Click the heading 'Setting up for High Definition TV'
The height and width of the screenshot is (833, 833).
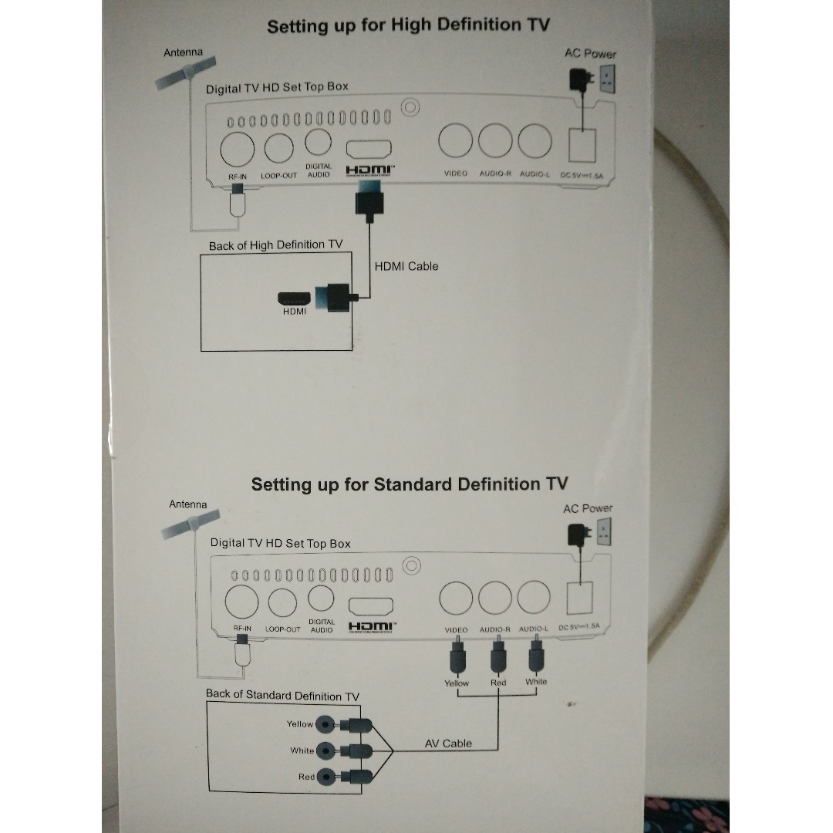point(408,25)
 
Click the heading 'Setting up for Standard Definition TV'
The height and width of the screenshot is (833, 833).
point(409,484)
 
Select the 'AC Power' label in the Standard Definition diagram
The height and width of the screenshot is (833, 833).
point(587,508)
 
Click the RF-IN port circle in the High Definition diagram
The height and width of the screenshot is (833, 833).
point(236,148)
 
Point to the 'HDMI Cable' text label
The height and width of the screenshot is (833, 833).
point(406,266)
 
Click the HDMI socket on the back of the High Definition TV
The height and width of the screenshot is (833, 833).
point(295,297)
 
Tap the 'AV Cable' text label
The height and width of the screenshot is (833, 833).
point(448,744)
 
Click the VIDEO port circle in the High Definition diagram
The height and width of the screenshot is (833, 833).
point(455,141)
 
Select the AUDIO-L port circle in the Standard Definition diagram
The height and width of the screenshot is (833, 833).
point(534,597)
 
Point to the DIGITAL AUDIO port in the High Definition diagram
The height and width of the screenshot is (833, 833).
point(318,142)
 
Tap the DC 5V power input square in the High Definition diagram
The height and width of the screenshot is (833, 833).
point(582,147)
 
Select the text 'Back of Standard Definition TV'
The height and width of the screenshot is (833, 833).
point(282,695)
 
